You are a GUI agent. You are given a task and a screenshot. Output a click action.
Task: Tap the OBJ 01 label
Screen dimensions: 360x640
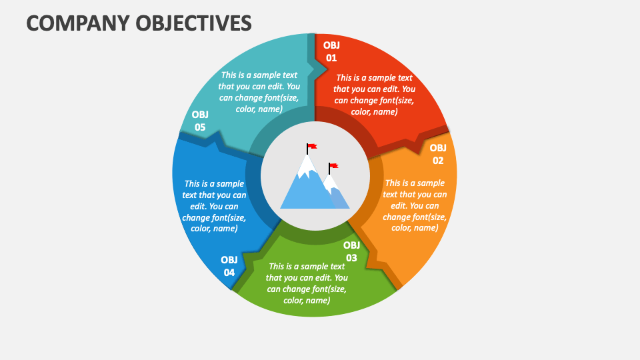[331, 51]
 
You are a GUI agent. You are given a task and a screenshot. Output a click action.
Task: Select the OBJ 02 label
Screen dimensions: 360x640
[437, 154]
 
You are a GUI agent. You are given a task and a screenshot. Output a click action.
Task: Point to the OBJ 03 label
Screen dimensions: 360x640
[351, 251]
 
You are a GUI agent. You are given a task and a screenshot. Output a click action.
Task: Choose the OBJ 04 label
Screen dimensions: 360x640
[229, 266]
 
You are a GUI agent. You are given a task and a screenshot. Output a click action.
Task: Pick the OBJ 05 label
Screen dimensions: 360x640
[200, 121]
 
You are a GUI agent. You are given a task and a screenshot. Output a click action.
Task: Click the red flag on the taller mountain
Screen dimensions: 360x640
[312, 147]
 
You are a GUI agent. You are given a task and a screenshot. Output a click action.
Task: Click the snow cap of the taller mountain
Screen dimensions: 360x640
[307, 167]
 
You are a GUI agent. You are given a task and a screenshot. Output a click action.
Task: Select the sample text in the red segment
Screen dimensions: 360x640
[374, 95]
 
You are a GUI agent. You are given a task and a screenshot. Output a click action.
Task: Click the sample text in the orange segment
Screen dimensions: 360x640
[415, 205]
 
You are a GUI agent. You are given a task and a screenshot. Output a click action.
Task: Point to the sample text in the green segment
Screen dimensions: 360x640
[307, 283]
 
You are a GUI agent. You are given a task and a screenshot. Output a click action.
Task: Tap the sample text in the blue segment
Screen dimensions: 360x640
[214, 205]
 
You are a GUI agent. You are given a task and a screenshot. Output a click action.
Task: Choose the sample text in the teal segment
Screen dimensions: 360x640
[259, 92]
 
